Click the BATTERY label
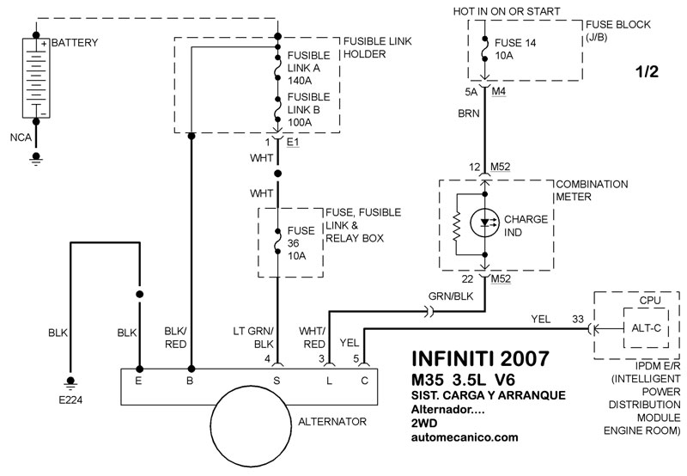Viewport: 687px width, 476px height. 75,43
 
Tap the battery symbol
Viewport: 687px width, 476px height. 36,78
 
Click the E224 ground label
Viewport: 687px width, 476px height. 70,400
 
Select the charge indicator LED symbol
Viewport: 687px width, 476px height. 484,223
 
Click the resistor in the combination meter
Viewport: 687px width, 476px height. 457,226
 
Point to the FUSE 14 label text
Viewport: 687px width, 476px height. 515,43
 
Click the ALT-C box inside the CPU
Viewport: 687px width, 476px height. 647,328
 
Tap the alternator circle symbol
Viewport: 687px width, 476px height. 251,424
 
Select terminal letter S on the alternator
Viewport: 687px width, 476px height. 277,381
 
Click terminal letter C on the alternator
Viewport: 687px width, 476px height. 364,381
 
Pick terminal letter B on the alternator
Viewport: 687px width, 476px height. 190,381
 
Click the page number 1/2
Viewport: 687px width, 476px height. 647,71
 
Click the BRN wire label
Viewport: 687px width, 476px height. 469,113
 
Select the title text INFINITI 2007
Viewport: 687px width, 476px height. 480,358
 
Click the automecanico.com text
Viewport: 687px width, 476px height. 465,437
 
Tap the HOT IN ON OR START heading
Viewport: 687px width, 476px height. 507,11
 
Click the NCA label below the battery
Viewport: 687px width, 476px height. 21,137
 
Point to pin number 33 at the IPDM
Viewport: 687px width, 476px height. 578,319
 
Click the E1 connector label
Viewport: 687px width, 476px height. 293,142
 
